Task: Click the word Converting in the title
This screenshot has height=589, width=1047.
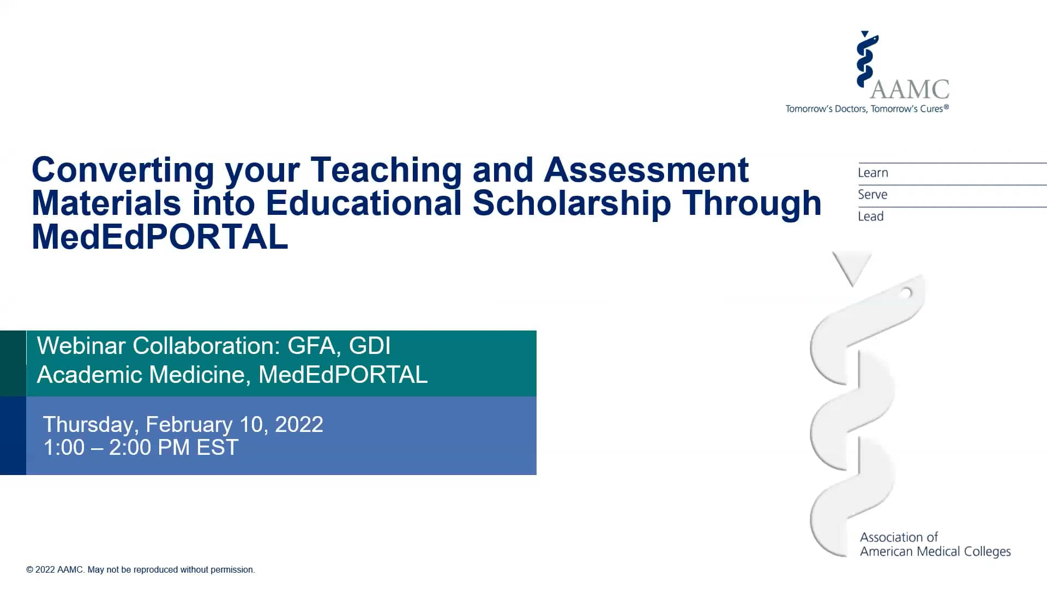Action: click(x=123, y=171)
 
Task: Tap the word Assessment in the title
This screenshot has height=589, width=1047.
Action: click(x=646, y=170)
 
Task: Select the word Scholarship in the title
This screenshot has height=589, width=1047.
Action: click(x=571, y=203)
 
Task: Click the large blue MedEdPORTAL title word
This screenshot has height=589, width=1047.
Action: click(x=160, y=237)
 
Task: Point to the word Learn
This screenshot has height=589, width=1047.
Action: click(x=872, y=173)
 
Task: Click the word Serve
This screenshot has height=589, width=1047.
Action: click(x=872, y=195)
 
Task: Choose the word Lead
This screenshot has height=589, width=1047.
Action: click(x=870, y=217)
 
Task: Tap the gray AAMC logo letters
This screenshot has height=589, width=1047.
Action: click(x=910, y=89)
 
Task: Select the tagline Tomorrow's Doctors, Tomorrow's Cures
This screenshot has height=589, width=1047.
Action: click(x=867, y=109)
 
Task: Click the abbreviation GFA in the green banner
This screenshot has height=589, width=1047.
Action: click(x=311, y=346)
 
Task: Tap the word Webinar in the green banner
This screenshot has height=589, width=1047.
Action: click(x=81, y=346)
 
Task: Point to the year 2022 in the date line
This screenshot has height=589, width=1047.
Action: click(x=299, y=424)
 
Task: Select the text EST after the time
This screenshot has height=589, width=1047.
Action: click(x=217, y=448)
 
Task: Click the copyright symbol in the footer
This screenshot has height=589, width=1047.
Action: click(x=29, y=570)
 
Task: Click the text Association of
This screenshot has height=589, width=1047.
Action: click(x=899, y=537)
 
